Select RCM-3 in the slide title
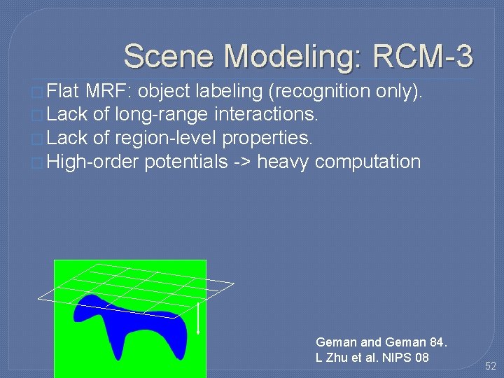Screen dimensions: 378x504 423,56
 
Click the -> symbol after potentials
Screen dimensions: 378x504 242,162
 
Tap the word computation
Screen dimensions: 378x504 367,162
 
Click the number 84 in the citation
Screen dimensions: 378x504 437,342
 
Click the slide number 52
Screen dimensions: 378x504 490,365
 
